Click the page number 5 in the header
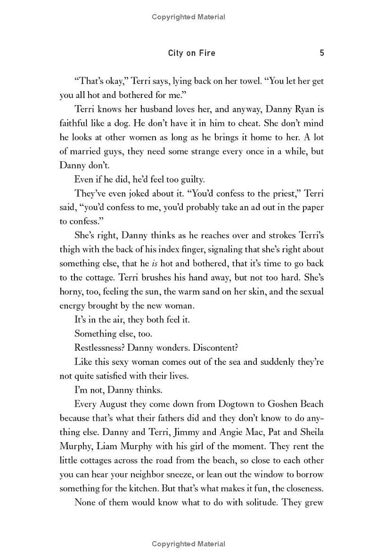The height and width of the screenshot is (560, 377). pyautogui.click(x=322, y=53)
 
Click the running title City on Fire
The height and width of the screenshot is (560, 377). pyautogui.click(x=192, y=53)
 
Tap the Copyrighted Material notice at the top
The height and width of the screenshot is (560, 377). pyautogui.click(x=188, y=17)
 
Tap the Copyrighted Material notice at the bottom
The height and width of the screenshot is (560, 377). pyautogui.click(x=188, y=544)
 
